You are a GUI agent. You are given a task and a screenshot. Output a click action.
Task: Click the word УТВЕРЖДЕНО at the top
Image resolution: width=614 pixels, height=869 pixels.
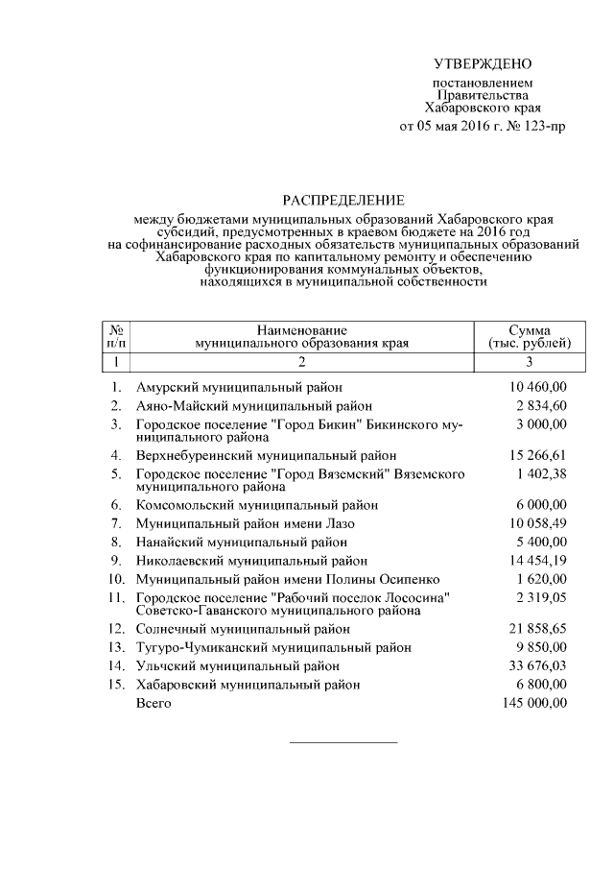(x=482, y=64)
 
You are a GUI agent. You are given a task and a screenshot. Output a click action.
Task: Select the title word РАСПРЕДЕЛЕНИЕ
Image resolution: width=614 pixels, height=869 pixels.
(x=343, y=201)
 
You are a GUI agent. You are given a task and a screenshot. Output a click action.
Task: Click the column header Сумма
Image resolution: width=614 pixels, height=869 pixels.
(x=530, y=329)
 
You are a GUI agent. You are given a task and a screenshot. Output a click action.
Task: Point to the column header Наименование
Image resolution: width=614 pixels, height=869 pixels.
(x=301, y=329)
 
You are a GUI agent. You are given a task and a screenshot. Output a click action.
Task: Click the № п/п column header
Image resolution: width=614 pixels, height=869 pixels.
(x=114, y=335)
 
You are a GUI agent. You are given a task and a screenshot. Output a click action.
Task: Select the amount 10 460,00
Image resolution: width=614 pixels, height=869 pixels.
(x=535, y=387)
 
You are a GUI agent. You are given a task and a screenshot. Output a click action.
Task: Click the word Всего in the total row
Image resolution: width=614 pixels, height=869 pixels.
(x=153, y=704)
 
